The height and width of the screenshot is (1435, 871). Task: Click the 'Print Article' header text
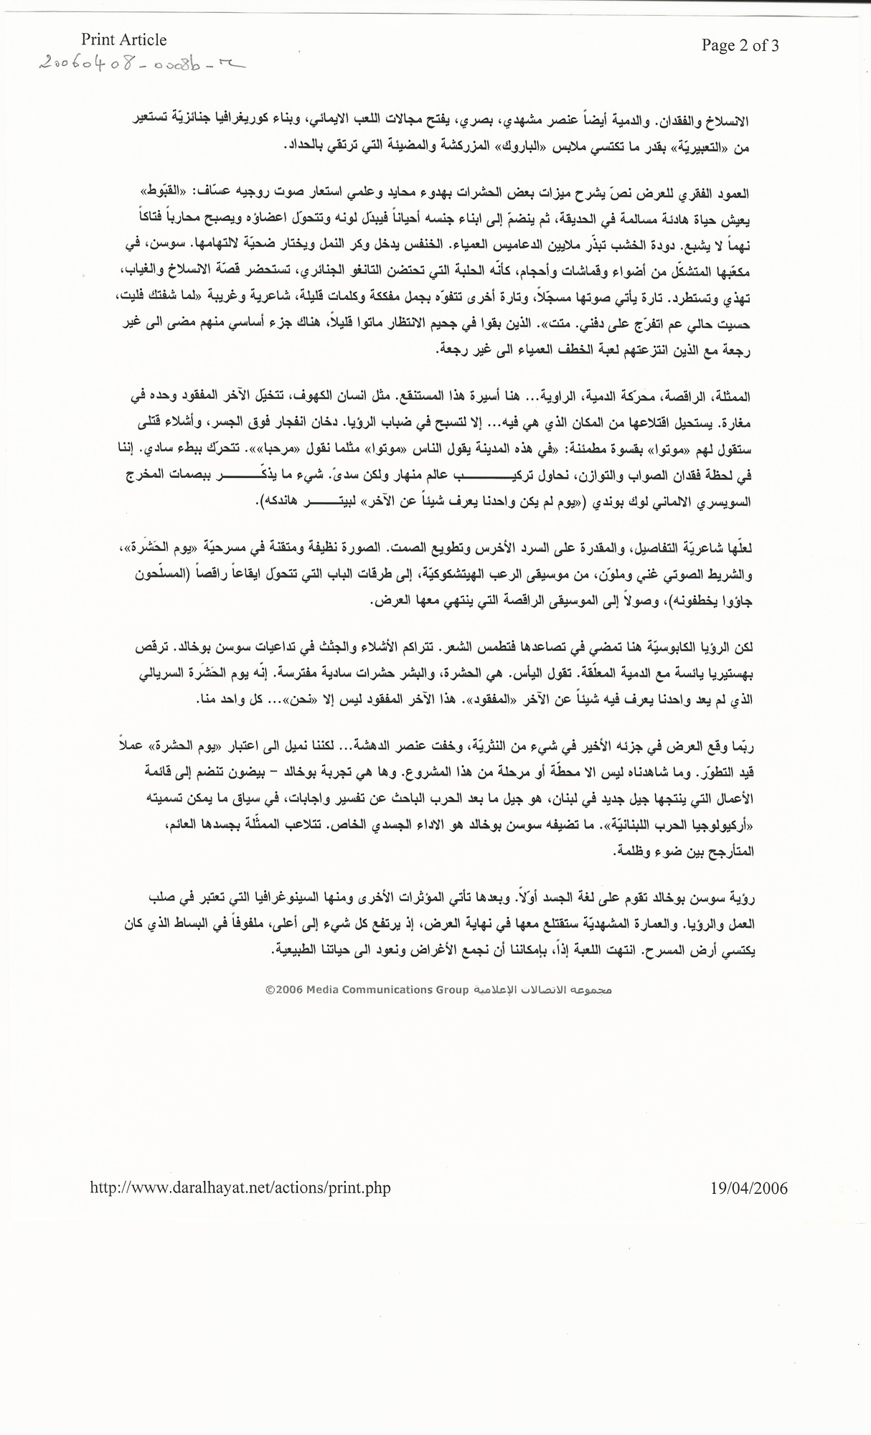click(x=123, y=40)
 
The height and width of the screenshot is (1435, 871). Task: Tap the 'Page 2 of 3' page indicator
click(x=740, y=46)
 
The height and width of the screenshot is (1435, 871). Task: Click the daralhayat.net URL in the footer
click(x=240, y=1188)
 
